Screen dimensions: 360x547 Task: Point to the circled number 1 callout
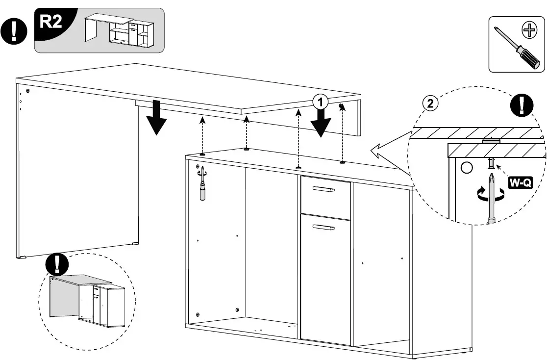click(320, 102)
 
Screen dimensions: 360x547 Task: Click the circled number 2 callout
click(430, 103)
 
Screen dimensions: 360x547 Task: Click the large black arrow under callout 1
click(321, 123)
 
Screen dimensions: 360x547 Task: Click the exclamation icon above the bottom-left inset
click(58, 265)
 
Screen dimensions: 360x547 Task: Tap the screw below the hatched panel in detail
click(490, 164)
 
